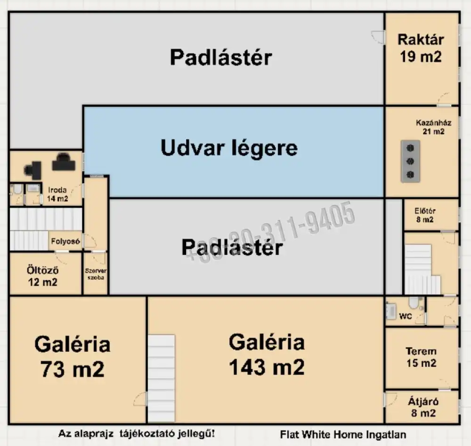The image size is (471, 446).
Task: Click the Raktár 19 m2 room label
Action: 421,48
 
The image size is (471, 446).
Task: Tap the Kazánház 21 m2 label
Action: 433,127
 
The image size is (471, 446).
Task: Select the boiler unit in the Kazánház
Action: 411,161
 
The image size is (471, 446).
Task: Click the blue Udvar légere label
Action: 229,148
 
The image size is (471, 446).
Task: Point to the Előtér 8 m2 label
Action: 425,215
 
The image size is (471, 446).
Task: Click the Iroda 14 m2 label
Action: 57,195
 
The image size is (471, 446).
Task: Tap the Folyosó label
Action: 65,242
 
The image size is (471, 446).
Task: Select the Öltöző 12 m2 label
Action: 42,276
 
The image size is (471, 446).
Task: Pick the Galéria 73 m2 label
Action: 72,357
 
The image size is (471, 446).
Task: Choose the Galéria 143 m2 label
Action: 267,354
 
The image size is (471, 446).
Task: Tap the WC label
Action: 406,316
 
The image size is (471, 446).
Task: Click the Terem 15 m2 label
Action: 421,357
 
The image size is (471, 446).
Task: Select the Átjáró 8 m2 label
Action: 422,407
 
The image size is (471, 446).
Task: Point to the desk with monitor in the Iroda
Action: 64,162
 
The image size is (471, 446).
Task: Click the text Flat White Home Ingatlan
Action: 343,435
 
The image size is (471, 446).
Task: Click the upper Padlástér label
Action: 221,57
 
